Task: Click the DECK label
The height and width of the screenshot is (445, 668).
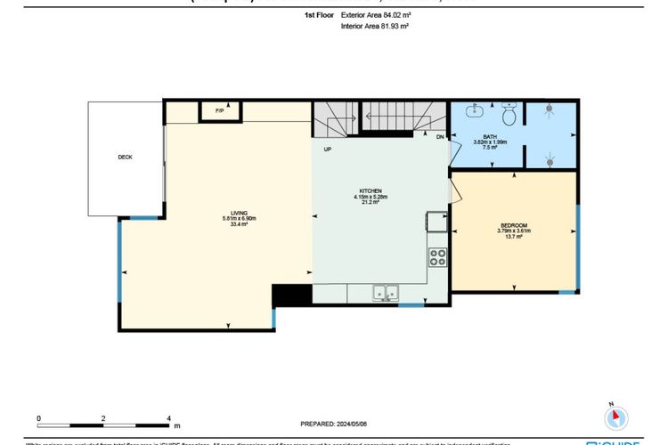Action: (x=125, y=158)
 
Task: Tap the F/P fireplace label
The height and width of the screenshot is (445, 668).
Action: (x=219, y=110)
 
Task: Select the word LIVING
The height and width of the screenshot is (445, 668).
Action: (x=239, y=213)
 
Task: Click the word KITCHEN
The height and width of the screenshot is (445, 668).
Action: (x=371, y=191)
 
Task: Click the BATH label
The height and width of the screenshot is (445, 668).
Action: (x=490, y=136)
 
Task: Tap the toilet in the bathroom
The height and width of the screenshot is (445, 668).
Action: (x=509, y=115)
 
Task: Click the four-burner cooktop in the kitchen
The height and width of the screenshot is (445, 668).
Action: (x=438, y=258)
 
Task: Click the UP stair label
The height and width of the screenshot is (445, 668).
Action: (x=328, y=149)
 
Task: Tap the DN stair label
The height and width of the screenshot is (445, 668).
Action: (x=440, y=136)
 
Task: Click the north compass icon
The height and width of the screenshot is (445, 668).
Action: (x=615, y=417)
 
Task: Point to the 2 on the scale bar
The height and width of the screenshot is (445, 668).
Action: (x=103, y=417)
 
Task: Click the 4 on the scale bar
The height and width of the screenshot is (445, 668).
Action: (x=168, y=417)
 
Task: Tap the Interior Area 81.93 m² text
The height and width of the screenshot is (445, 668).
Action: (x=374, y=27)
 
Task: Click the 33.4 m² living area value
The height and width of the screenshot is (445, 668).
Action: (x=239, y=224)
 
